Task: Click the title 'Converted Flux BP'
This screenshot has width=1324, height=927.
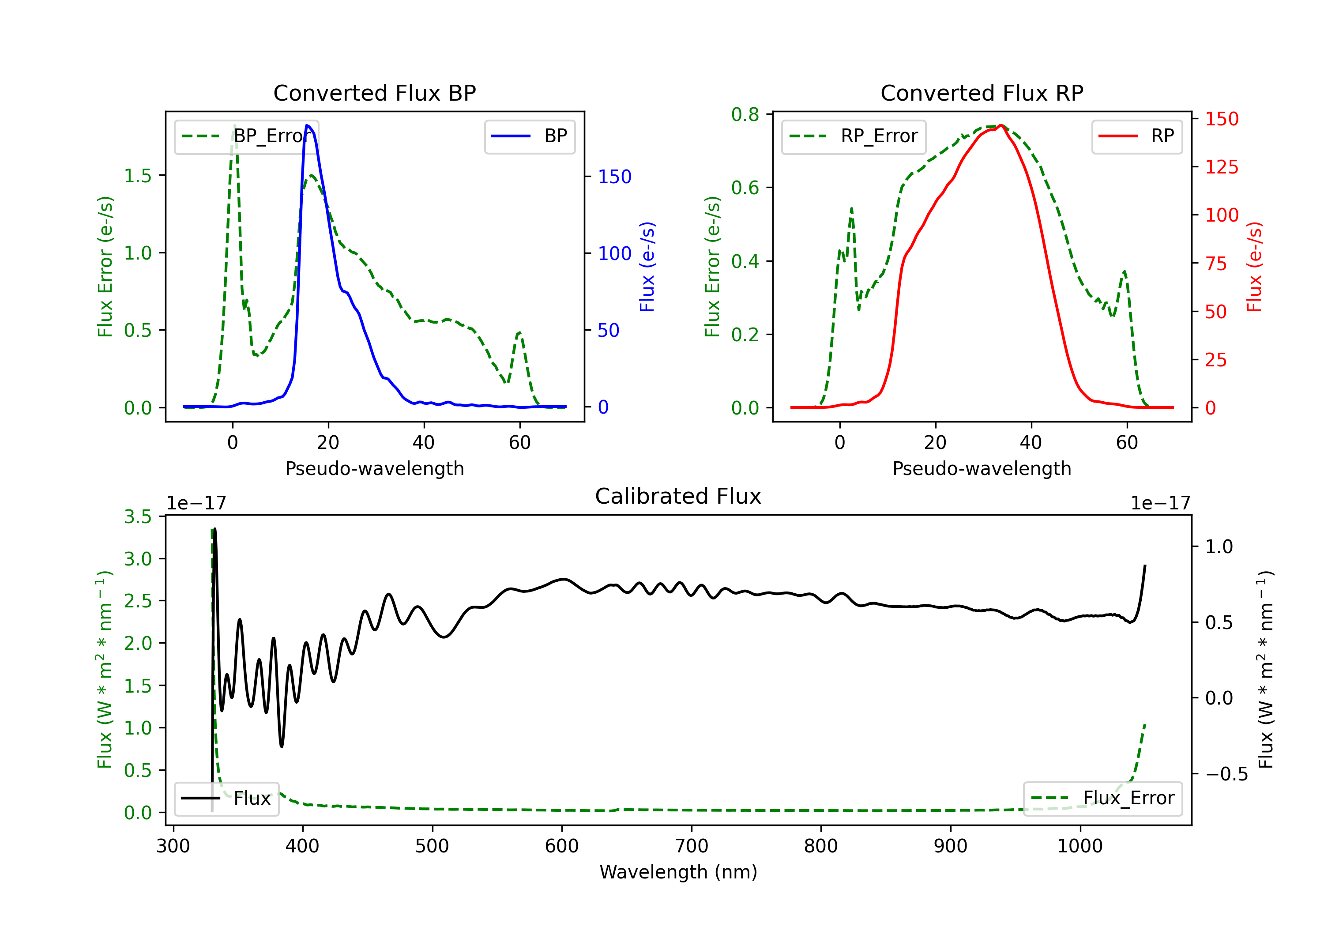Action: tap(374, 93)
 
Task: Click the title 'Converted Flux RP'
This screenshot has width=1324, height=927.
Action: tap(982, 93)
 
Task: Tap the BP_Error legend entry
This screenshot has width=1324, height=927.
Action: tap(246, 136)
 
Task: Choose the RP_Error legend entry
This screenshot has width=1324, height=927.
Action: tap(854, 136)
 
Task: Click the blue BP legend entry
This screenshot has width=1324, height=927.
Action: tap(529, 136)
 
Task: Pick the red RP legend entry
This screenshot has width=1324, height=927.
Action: tap(1136, 136)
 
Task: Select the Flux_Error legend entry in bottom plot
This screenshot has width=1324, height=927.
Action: tap(1102, 799)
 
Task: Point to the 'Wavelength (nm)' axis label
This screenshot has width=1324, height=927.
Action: tap(678, 872)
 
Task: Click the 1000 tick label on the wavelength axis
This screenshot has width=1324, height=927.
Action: tap(1080, 846)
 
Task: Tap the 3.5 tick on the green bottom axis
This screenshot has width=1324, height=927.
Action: tap(138, 517)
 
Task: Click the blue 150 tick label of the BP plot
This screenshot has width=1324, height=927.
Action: tap(614, 177)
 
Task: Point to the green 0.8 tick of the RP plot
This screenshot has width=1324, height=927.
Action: tap(745, 115)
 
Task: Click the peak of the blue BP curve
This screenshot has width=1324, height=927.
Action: tap(307, 125)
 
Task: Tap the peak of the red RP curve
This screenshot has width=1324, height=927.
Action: tap(1001, 125)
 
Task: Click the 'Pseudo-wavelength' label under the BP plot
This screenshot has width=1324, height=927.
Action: tap(374, 468)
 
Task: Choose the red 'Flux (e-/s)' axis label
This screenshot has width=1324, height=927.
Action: tap(1254, 267)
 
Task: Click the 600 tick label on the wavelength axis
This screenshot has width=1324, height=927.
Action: tap(562, 846)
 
